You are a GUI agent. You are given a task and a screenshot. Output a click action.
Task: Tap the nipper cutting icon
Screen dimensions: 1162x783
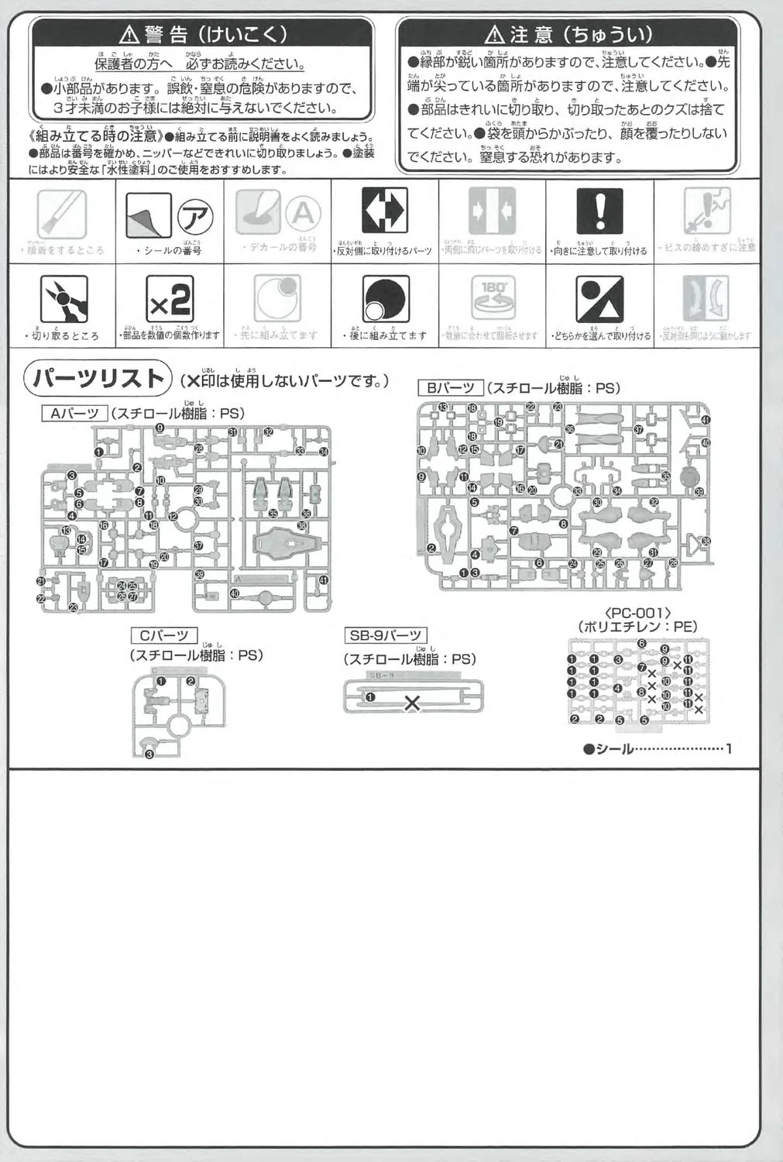(64, 299)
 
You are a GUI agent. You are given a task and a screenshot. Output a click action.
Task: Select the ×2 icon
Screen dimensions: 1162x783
(169, 299)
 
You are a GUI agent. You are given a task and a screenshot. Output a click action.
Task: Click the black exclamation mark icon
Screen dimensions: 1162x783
(599, 210)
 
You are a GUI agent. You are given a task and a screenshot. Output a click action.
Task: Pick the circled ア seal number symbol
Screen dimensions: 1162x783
(196, 215)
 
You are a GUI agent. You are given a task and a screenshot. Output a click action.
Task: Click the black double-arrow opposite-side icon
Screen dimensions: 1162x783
(385, 210)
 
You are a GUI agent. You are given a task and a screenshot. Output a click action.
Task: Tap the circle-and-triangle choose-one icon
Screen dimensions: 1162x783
(599, 299)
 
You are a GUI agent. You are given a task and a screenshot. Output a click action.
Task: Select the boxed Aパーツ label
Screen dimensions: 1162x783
(74, 414)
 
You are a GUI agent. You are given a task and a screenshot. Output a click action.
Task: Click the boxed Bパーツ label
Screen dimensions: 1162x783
(450, 388)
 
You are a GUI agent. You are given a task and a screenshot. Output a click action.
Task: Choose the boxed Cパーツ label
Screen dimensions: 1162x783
(163, 636)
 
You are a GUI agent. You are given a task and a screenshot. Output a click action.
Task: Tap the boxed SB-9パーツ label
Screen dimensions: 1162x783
(386, 636)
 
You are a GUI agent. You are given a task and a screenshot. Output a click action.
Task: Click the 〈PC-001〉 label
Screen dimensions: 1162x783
(637, 611)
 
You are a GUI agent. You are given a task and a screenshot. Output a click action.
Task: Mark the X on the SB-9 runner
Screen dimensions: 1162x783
(412, 703)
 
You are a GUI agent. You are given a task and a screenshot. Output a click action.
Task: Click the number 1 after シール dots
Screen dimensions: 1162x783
(728, 748)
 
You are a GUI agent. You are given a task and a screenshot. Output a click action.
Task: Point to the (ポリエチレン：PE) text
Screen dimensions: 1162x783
(637, 626)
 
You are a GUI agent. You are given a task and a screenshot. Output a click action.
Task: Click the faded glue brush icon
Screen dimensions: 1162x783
(61, 214)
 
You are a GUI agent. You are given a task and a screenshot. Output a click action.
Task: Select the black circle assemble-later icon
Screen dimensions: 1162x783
(385, 299)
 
